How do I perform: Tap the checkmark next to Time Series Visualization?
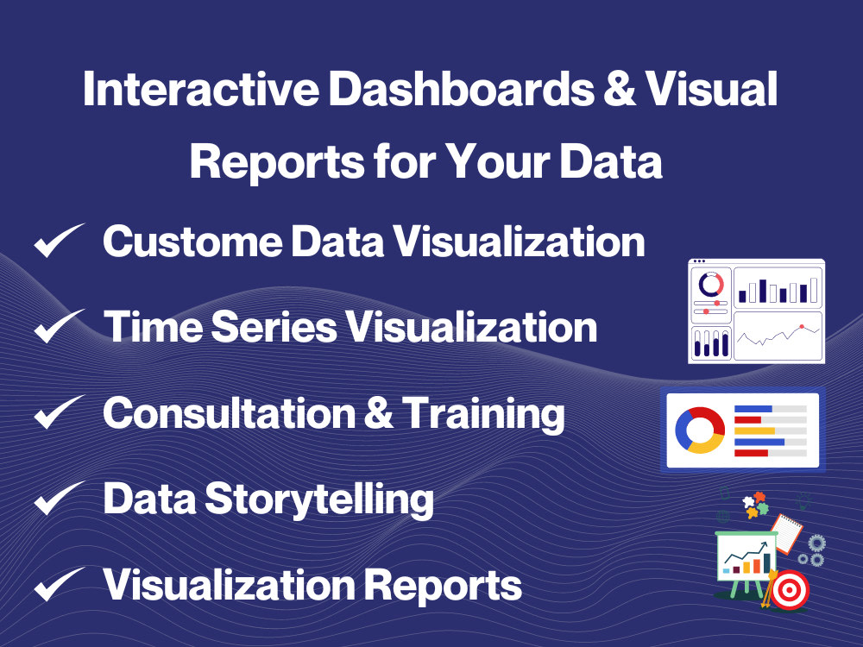(59, 327)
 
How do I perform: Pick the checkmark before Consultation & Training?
(59, 413)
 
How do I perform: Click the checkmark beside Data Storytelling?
(59, 499)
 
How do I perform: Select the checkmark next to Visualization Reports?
(59, 586)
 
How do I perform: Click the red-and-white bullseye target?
(787, 593)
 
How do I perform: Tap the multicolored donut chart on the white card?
(700, 430)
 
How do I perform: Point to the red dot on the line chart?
(802, 327)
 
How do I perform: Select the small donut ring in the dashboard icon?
(710, 284)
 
